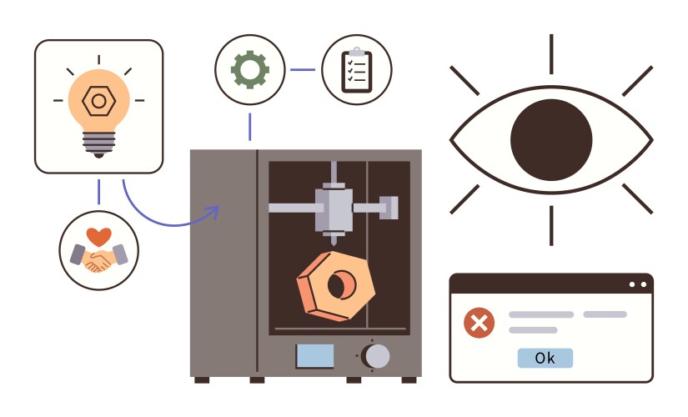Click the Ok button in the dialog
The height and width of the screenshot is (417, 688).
545,358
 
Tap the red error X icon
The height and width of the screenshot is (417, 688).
479,322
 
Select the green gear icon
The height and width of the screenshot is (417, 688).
250,69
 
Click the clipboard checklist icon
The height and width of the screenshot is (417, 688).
356,69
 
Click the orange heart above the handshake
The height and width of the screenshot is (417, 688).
98,235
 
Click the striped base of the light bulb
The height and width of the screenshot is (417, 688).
98,143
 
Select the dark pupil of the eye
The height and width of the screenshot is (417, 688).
550,138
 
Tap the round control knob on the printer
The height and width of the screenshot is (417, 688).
376,356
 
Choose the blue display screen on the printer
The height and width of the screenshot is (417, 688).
314,356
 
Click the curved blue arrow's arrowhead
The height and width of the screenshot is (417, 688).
213,211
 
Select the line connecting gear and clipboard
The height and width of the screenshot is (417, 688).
303,69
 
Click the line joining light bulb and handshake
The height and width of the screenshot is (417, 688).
98,191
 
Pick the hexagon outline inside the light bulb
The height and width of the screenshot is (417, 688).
98,101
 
